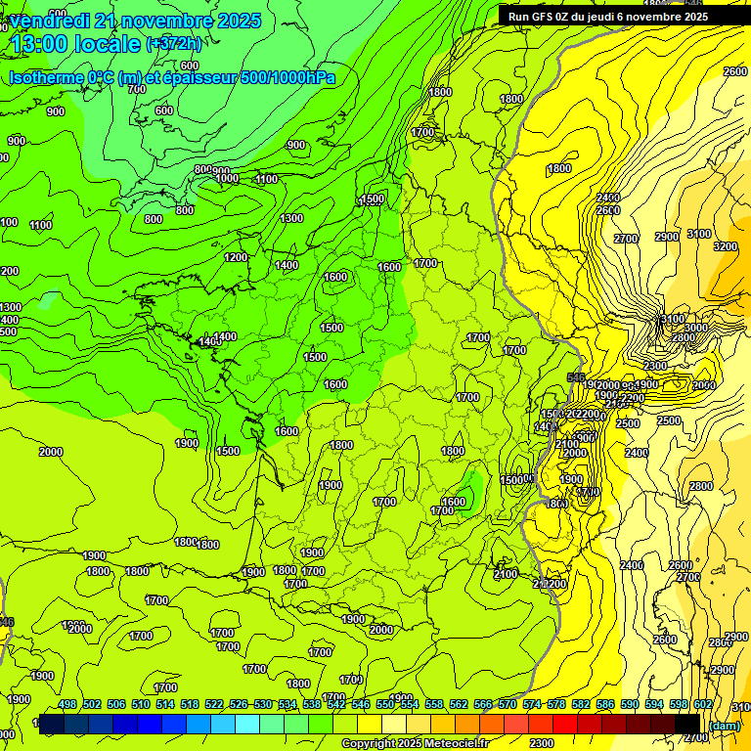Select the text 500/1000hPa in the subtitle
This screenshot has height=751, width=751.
(x=287, y=77)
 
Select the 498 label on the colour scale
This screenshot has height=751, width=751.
(x=67, y=706)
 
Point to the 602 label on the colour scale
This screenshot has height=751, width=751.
(x=702, y=706)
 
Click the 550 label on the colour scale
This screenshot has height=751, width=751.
(x=385, y=706)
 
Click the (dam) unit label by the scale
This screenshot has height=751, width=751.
(x=725, y=725)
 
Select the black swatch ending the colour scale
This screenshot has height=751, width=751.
(x=686, y=724)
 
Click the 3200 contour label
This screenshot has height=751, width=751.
(x=725, y=246)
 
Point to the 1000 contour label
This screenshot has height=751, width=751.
(x=227, y=178)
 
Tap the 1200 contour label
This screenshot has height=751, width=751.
(x=236, y=257)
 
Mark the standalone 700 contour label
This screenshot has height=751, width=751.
(x=136, y=89)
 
